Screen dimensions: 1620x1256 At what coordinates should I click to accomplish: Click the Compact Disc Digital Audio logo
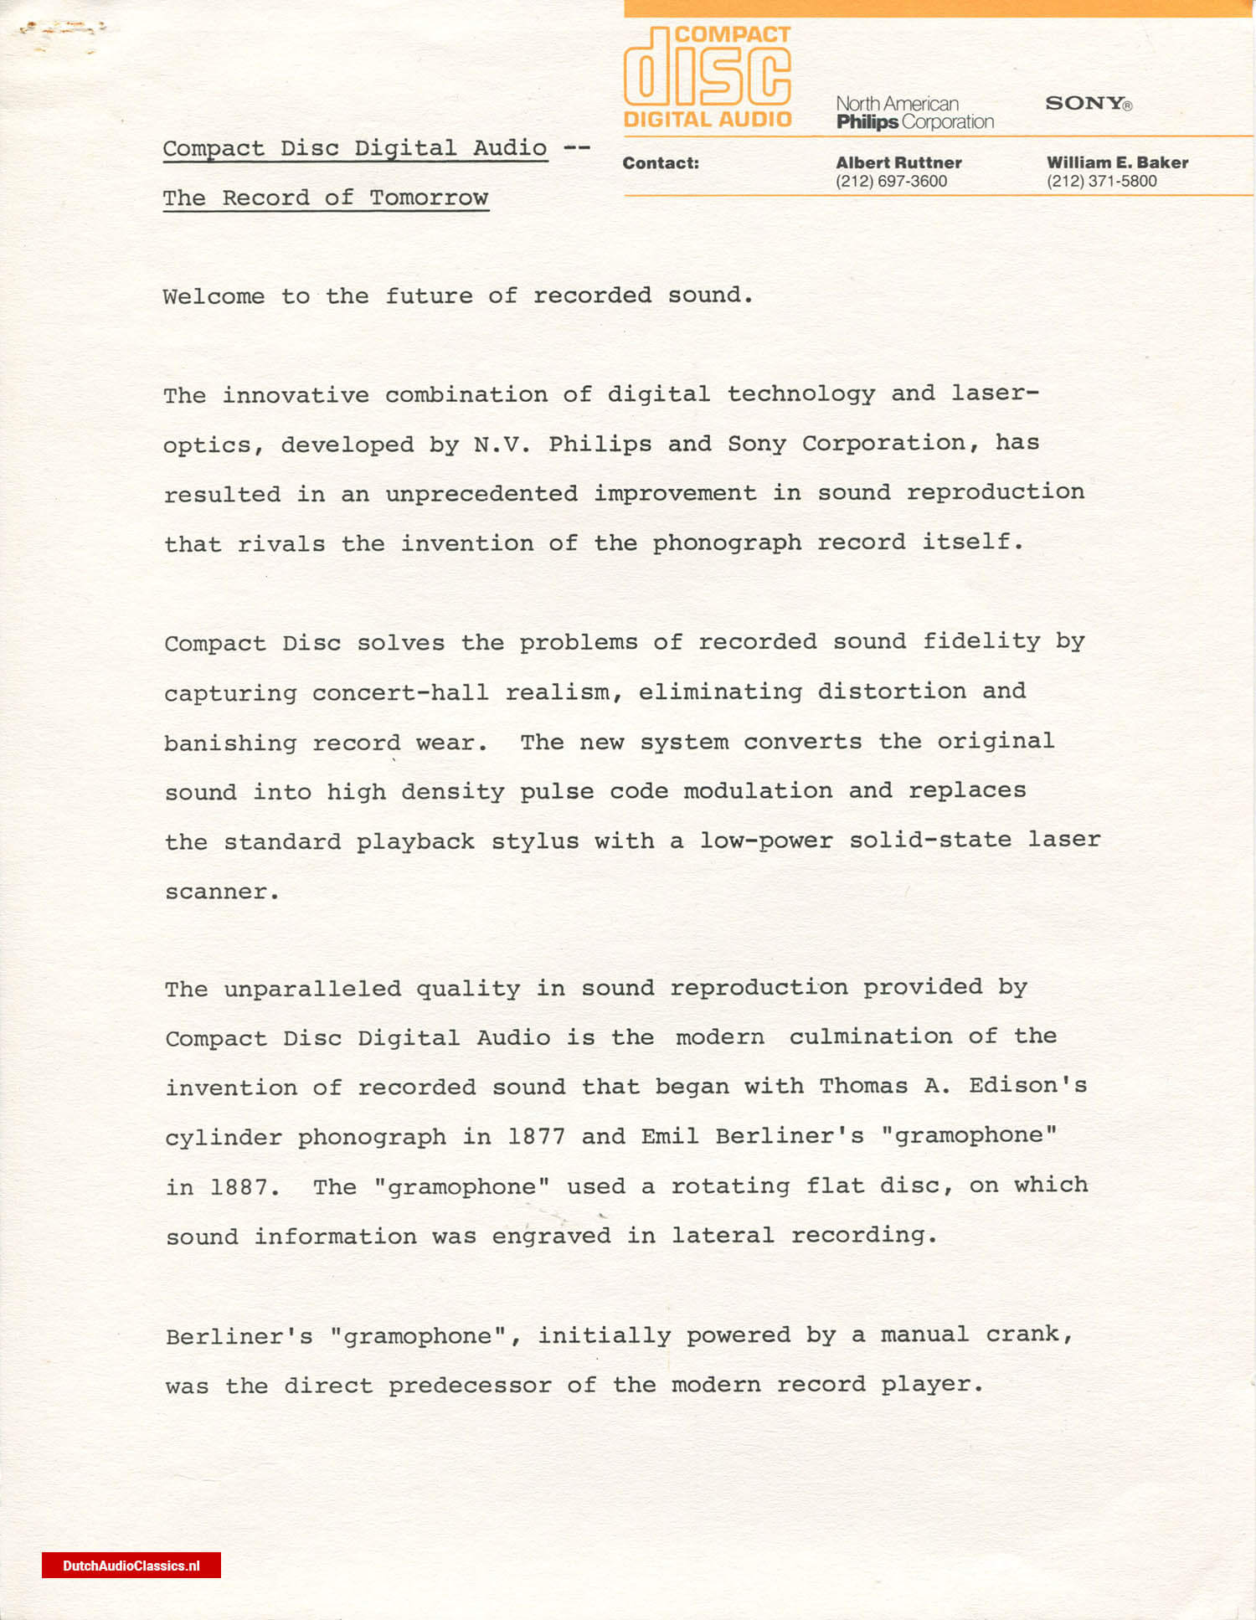coord(708,77)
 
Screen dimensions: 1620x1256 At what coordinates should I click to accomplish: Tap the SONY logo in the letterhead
coord(1088,103)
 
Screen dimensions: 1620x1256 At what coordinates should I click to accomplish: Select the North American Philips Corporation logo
coord(914,113)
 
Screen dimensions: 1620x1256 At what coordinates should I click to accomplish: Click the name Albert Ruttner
coord(898,162)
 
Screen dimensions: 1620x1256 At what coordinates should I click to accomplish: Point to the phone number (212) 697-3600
coord(891,181)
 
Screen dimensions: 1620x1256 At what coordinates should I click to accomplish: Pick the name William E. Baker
coord(1117,162)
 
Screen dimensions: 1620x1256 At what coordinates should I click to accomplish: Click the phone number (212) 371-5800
coord(1101,181)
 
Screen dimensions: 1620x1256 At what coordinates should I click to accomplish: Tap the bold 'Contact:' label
coord(660,163)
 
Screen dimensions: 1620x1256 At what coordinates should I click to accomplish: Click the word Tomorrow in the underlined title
coord(429,198)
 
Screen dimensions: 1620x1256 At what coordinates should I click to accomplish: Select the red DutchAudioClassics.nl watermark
coord(131,1566)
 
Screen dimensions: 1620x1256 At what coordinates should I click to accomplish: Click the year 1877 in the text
coord(536,1136)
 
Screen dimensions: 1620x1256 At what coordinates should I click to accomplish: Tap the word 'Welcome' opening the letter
coord(214,296)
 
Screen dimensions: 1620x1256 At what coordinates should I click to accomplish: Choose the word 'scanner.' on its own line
coord(222,891)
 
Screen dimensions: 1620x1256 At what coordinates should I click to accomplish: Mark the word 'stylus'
coord(534,841)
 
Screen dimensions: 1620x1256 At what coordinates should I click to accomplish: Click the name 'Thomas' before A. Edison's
coord(863,1086)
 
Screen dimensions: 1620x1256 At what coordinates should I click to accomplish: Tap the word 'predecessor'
coord(470,1385)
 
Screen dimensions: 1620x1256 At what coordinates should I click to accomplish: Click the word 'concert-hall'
coord(400,692)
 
